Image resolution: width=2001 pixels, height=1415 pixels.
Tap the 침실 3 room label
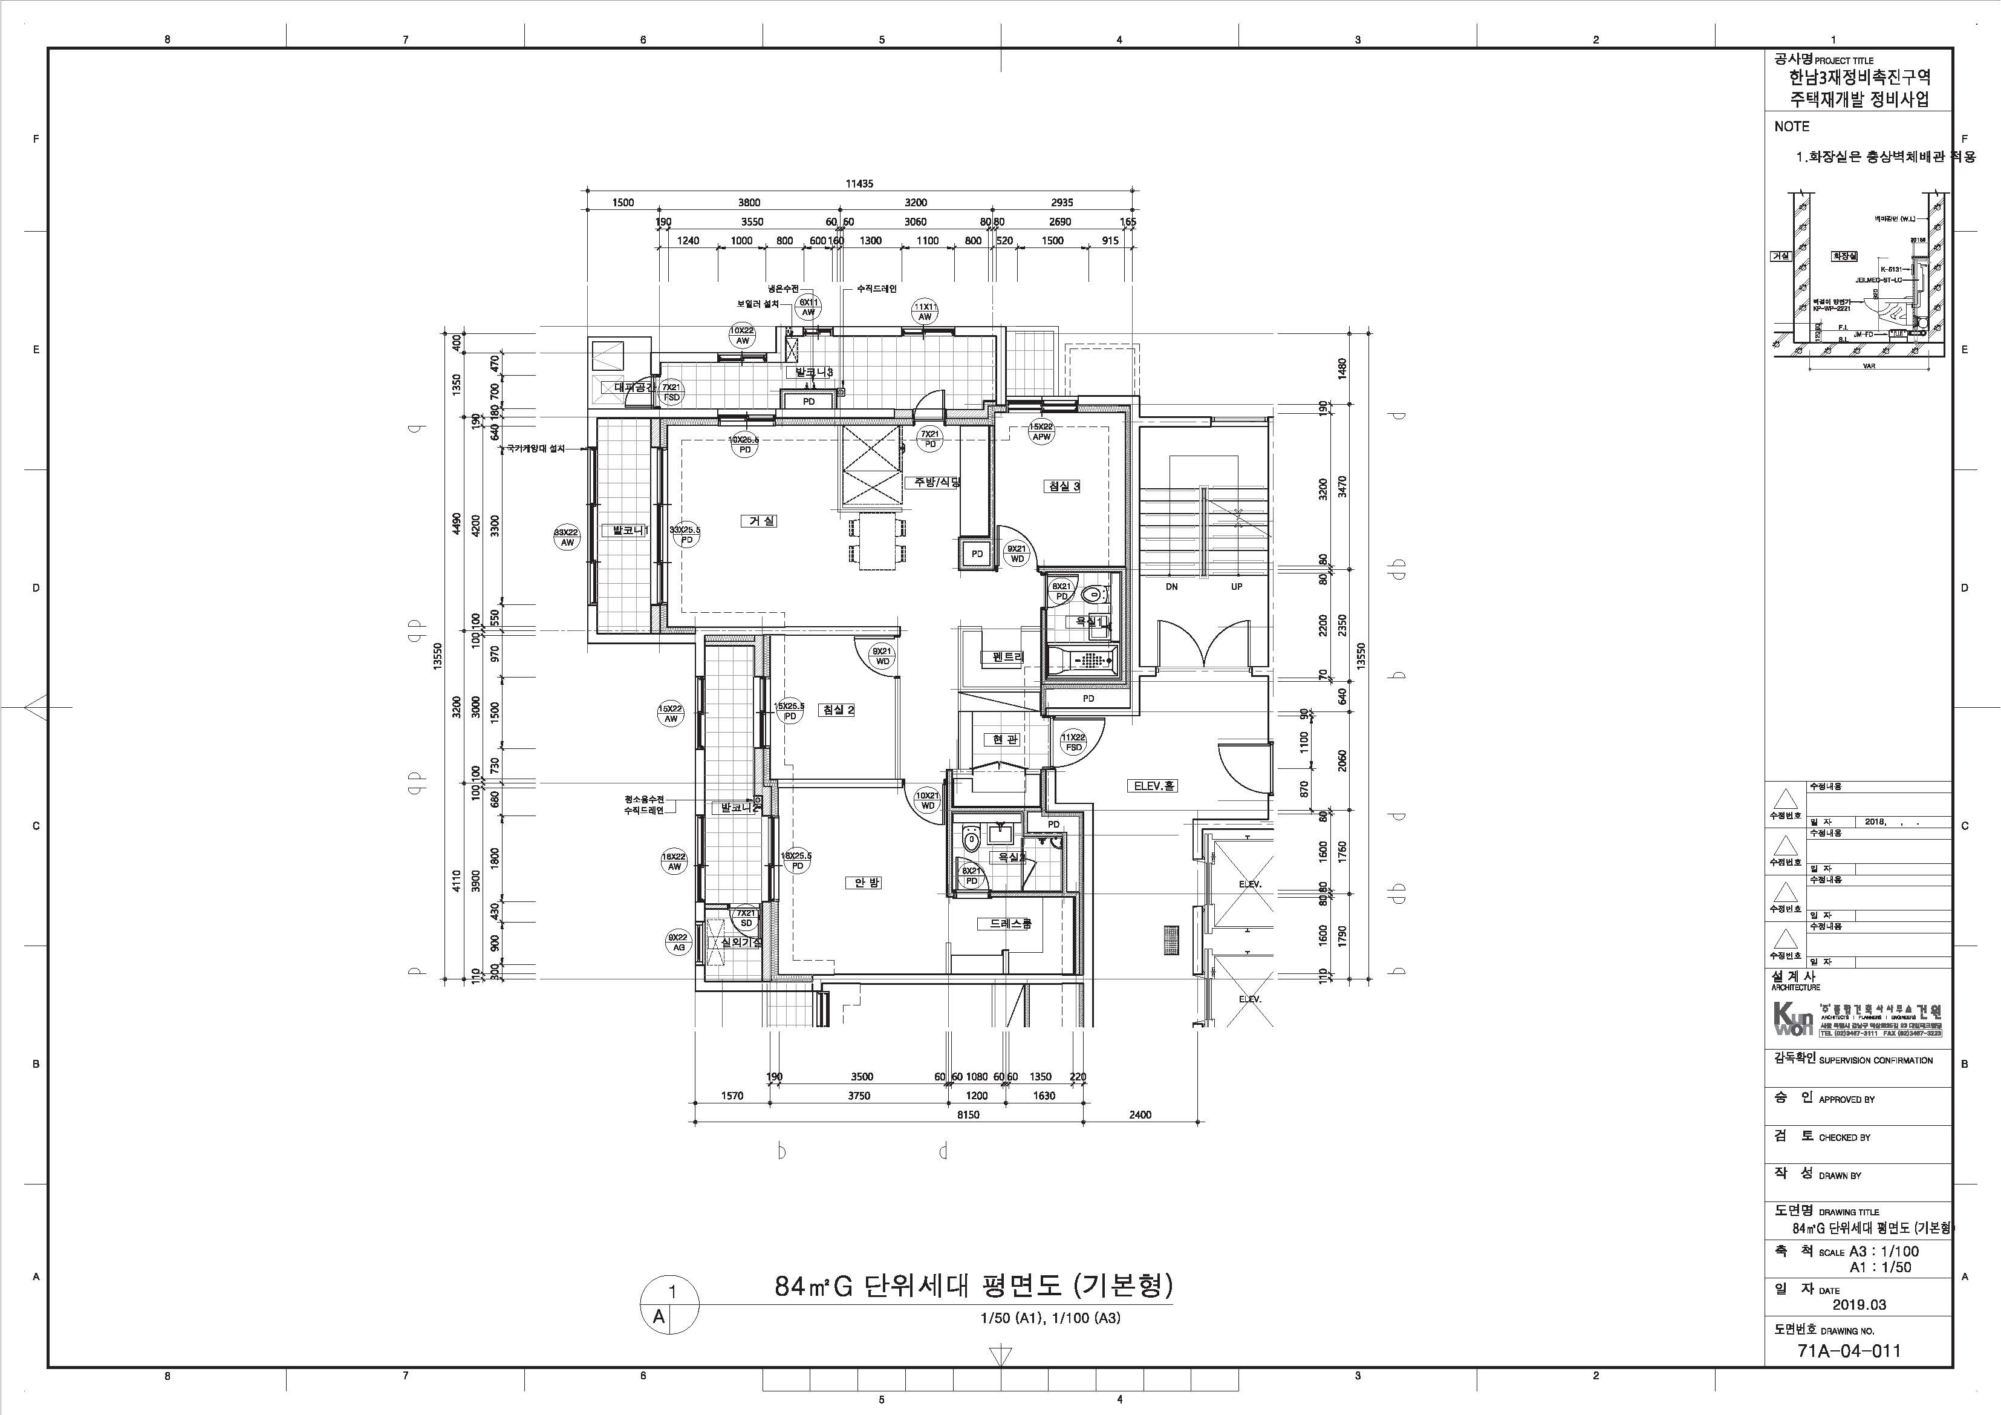pyautogui.click(x=1062, y=486)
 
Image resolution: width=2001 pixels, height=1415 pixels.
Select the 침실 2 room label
pyautogui.click(x=838, y=710)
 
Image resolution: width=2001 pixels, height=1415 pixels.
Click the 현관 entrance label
pyautogui.click(x=1003, y=739)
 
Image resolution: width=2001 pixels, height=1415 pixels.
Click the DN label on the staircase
pyautogui.click(x=1171, y=587)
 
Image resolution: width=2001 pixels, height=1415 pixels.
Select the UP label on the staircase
pyautogui.click(x=1236, y=587)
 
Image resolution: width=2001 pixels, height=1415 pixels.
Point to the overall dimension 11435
pyautogui.click(x=859, y=184)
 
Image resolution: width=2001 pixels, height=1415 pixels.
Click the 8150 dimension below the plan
pyautogui.click(x=968, y=1114)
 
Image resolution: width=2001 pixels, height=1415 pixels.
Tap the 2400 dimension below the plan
pyautogui.click(x=1140, y=1114)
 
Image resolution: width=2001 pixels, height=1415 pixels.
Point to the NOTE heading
pyautogui.click(x=1792, y=126)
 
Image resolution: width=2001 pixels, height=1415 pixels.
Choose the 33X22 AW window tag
pyautogui.click(x=567, y=537)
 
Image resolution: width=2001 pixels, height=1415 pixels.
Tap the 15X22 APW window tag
pyautogui.click(x=1041, y=431)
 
